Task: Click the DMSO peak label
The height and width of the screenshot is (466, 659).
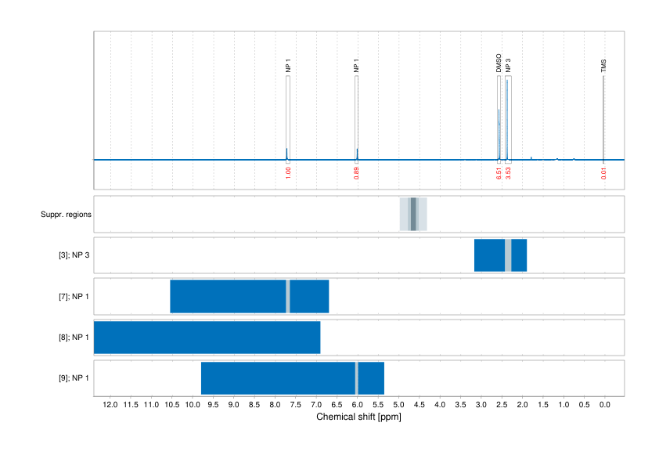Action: click(x=499, y=63)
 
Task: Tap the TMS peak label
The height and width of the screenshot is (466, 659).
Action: click(x=603, y=65)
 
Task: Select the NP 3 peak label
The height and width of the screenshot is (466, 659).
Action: click(x=508, y=65)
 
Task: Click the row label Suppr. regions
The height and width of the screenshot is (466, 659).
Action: click(x=66, y=214)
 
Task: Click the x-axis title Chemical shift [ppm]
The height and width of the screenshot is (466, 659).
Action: click(x=358, y=417)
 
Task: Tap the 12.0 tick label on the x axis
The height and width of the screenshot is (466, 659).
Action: click(x=110, y=406)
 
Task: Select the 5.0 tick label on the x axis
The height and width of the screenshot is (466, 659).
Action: click(x=398, y=406)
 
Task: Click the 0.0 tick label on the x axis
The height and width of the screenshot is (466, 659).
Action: click(x=604, y=406)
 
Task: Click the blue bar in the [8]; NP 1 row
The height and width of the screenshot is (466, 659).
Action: click(x=207, y=338)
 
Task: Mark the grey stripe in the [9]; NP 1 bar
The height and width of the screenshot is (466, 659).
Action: click(x=357, y=378)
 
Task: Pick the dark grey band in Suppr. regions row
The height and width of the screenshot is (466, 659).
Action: click(x=413, y=214)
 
